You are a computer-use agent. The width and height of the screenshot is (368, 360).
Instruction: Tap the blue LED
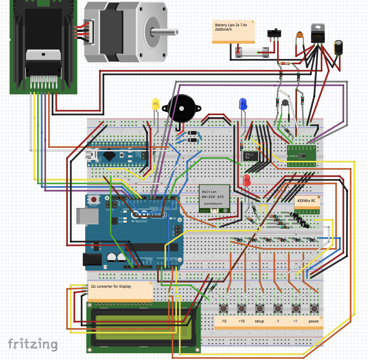point(243,104)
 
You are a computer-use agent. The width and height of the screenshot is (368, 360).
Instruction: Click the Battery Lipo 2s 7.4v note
point(233,32)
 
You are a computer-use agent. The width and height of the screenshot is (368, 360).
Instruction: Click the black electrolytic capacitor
point(339,47)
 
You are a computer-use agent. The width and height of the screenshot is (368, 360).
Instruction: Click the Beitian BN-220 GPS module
point(214,198)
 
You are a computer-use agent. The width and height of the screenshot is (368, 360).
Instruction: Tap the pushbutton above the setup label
point(259,309)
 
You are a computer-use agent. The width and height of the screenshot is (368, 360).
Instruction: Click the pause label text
point(313,322)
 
